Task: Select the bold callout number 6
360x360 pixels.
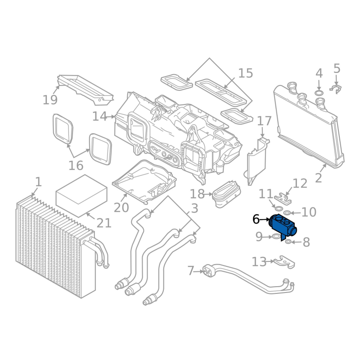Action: coord(256,220)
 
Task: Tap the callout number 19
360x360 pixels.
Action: coord(50,99)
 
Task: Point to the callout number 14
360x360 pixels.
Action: coord(99,117)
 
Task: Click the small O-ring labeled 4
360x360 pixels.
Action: coord(319,93)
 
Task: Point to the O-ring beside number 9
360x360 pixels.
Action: coord(275,236)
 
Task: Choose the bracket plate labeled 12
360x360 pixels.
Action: coord(282,197)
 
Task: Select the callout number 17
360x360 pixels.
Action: coord(265,121)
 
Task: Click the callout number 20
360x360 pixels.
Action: coord(121,207)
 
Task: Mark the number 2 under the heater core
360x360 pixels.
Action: coord(319,178)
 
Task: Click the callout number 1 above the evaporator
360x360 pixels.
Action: coord(38,182)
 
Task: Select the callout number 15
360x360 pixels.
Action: coord(246,73)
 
